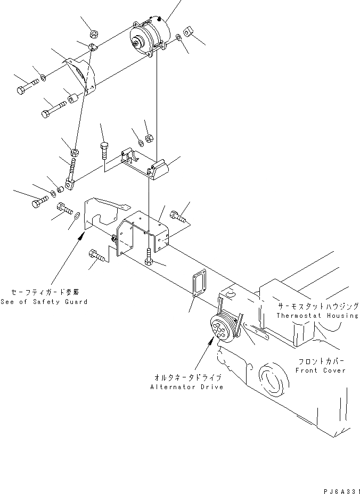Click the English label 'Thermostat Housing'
[317, 316]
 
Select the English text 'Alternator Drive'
[187, 386]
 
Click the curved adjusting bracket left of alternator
[81, 73]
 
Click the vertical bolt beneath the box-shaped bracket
[149, 258]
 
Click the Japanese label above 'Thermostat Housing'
[317, 307]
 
